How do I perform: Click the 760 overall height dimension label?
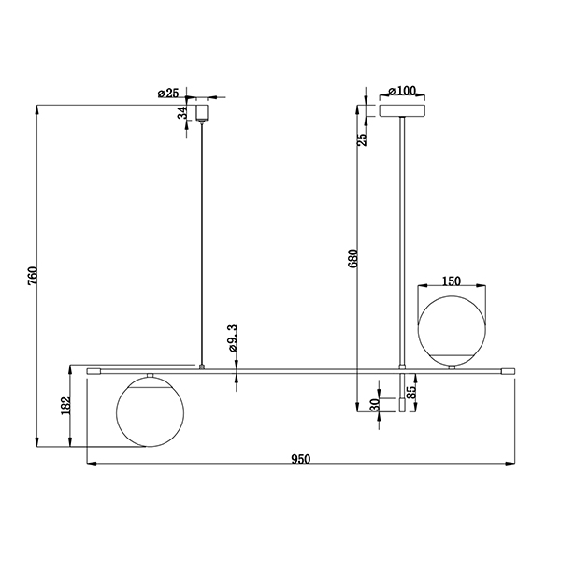click(x=33, y=276)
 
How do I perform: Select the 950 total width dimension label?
click(x=300, y=459)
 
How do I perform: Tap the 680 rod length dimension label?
click(x=352, y=258)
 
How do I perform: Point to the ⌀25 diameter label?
click(x=168, y=93)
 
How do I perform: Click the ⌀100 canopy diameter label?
click(x=402, y=91)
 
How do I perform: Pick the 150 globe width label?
click(x=452, y=281)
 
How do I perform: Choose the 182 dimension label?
click(x=66, y=406)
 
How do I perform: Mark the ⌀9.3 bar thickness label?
click(x=232, y=338)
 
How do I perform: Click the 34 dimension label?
click(x=182, y=113)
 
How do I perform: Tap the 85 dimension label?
click(x=411, y=393)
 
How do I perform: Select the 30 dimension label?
click(x=375, y=405)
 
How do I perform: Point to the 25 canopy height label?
click(x=363, y=139)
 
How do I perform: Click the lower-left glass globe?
click(x=151, y=412)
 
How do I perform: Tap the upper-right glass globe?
click(x=452, y=330)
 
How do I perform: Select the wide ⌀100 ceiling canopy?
click(x=402, y=110)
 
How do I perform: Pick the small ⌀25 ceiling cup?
click(x=202, y=112)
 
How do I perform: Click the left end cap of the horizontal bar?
click(x=93, y=371)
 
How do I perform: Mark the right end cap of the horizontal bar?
click(x=509, y=371)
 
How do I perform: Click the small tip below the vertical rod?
click(x=402, y=406)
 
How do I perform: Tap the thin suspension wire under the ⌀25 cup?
click(x=202, y=243)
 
